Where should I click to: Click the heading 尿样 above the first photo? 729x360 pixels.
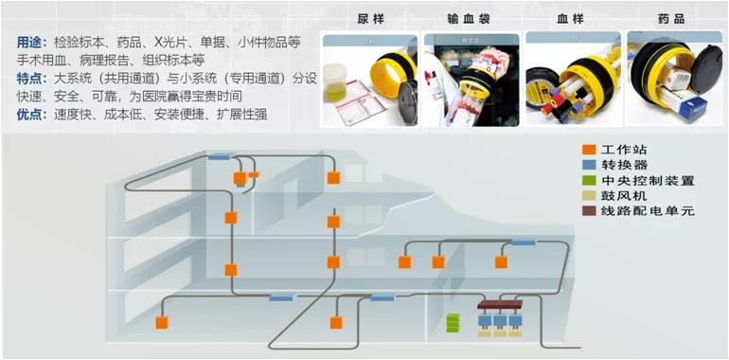(370, 19)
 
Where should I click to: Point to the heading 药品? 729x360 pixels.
(671, 19)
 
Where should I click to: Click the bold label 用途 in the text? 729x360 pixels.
(29, 43)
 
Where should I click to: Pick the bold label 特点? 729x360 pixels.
(29, 79)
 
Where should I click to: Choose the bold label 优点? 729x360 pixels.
(29, 115)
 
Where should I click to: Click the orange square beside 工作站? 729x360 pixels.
(588, 150)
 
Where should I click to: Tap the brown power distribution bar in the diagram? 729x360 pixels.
(500, 305)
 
